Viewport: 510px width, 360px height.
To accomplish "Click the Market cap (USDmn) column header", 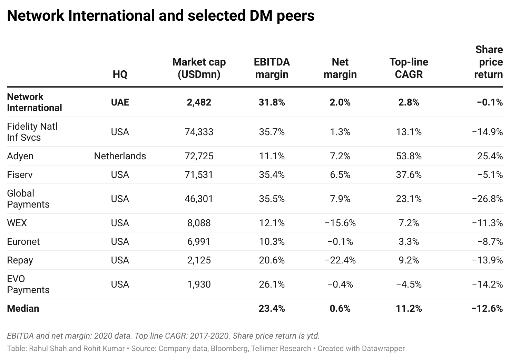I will click(199, 68).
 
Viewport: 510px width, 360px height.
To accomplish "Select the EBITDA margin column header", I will click(272, 68).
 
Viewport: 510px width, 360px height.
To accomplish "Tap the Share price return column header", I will click(489, 62).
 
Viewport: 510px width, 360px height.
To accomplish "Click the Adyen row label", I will click(20, 156).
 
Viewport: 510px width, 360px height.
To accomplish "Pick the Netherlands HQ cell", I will click(120, 156).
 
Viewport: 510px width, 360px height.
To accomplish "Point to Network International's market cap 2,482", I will click(199, 102).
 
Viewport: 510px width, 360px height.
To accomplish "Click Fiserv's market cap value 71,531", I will click(199, 175).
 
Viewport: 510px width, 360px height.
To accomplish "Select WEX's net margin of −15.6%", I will click(340, 223).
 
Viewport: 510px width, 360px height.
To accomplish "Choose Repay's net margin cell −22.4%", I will click(340, 260).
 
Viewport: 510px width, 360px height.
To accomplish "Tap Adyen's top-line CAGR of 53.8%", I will click(409, 156).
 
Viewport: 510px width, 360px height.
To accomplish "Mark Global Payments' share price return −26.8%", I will click(487, 199).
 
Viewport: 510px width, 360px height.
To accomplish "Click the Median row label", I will click(23, 309).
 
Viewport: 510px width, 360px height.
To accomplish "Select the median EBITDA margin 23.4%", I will click(272, 309).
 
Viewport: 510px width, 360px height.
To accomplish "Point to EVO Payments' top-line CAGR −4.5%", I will click(409, 284).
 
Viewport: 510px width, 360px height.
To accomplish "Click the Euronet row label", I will click(23, 242).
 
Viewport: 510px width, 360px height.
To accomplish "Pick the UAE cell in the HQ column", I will click(120, 102).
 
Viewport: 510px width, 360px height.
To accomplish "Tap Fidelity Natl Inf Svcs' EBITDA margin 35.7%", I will click(272, 132).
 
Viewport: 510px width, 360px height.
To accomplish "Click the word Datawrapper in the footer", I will click(383, 349).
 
